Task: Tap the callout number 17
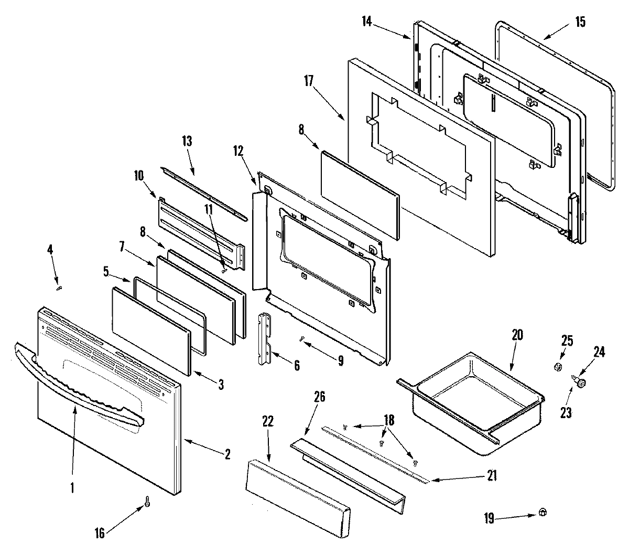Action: (308, 81)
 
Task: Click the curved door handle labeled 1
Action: (79, 383)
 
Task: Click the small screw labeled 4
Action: (59, 287)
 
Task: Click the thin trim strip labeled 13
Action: (204, 193)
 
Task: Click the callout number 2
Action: (227, 455)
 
